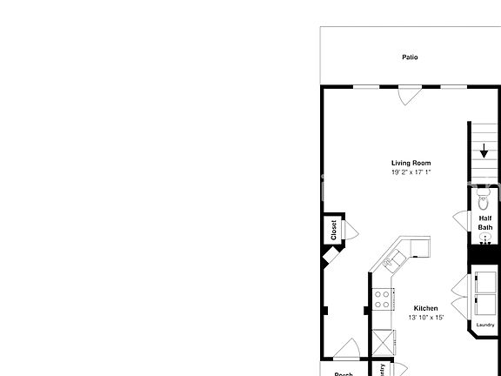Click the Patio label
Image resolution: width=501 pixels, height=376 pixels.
pos(410,57)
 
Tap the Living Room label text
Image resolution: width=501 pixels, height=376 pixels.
pos(411,164)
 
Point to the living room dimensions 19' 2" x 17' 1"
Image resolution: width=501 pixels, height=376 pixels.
pos(411,172)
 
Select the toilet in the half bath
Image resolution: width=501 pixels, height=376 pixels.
pos(484,198)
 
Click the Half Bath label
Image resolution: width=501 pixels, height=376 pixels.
pos(485,223)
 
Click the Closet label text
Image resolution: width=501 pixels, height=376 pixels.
pos(333,230)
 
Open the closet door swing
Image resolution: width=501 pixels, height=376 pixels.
pos(351,230)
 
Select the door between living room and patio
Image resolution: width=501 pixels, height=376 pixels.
pos(407,95)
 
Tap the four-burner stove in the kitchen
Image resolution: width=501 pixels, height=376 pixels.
pos(382,299)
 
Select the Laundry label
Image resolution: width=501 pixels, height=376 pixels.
pos(485,326)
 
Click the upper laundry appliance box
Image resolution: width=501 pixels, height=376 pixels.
pos(485,283)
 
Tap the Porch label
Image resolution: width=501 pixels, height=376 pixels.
pos(344,374)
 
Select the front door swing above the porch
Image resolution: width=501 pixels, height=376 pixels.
pos(346,349)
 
